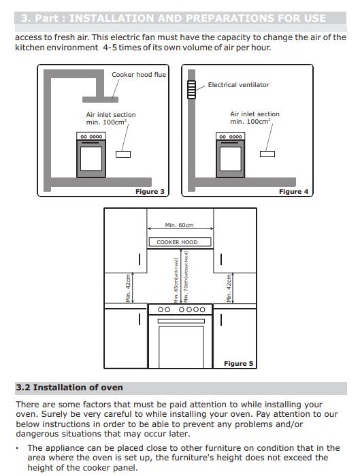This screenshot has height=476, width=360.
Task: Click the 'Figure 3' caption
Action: (150, 192)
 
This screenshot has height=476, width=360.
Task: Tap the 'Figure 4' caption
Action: (293, 192)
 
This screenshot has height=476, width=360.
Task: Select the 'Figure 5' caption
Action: (238, 363)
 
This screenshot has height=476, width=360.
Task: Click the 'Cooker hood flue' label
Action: (139, 74)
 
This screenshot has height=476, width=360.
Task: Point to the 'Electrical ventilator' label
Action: (238, 85)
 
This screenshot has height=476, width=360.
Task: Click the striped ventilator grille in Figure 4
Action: (191, 90)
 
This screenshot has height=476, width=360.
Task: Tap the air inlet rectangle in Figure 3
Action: (123, 154)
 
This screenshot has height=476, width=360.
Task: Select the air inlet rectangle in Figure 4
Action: (267, 154)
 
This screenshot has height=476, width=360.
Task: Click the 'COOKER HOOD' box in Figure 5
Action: (180, 242)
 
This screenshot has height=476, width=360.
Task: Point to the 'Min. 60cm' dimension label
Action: (179, 225)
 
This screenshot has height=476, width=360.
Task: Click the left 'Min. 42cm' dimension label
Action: (128, 288)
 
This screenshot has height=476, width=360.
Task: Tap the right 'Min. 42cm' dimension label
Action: (229, 288)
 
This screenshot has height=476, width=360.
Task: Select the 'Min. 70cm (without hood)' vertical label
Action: (186, 277)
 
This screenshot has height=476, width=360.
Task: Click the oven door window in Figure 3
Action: (91, 158)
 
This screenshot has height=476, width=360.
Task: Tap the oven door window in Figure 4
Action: (230, 158)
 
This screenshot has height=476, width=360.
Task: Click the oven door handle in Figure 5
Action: (181, 321)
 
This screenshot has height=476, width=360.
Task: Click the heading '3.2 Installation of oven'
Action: (69, 388)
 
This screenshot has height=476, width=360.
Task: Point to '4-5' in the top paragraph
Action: (110, 48)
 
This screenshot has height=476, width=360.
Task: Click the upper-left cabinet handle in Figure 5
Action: (140, 259)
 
